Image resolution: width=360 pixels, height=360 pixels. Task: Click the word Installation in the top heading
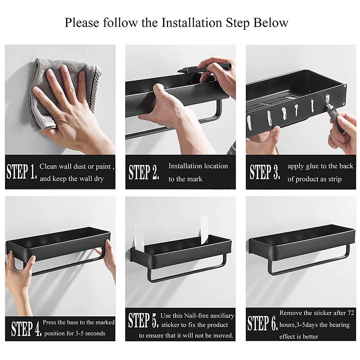[192, 22]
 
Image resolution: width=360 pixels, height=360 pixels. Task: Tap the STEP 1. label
[22, 171]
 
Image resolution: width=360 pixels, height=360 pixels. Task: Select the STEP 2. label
[144, 172]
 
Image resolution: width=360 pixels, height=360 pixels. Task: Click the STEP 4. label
[27, 328]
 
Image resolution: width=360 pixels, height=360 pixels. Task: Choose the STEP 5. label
[143, 320]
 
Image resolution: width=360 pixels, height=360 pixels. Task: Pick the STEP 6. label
[262, 323]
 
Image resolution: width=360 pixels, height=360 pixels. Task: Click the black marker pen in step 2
[204, 67]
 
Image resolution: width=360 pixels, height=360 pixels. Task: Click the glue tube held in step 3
[335, 115]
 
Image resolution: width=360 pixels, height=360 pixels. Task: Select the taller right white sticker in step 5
[204, 229]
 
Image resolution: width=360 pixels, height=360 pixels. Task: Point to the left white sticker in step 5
[139, 238]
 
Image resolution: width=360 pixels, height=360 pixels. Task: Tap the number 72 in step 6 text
[351, 313]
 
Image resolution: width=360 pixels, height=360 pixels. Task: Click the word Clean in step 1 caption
[48, 166]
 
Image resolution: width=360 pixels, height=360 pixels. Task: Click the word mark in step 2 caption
[195, 179]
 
